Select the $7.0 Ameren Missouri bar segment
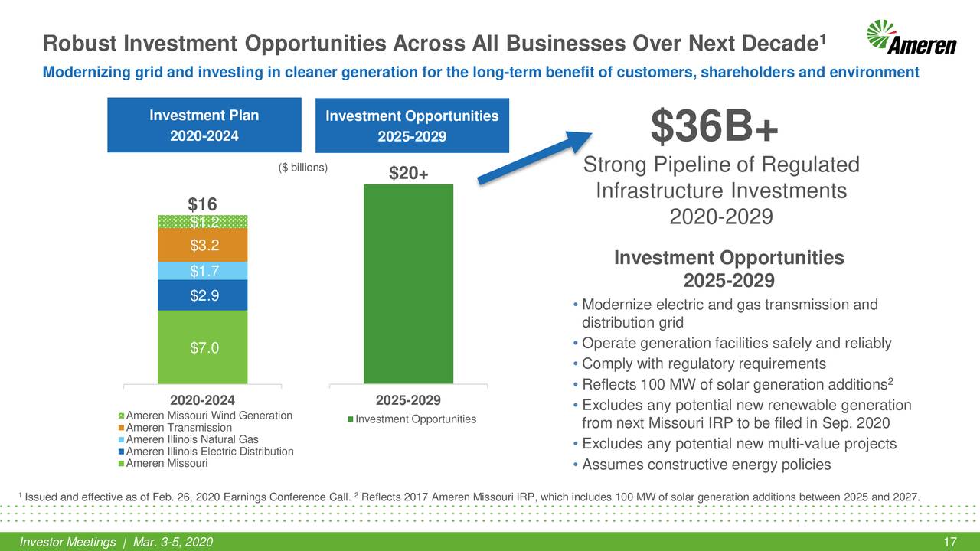coord(202,348)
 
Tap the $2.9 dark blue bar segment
coord(202,295)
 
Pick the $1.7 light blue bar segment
coord(202,271)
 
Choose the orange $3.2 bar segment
coord(202,245)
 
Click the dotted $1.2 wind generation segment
coord(202,222)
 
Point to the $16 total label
coord(203,204)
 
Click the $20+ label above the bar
coord(408,174)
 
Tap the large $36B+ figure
coord(714,126)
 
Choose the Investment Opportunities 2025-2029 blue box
coord(412,126)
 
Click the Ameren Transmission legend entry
coord(178,427)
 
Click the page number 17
coord(951,543)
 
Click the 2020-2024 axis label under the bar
coord(202,400)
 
